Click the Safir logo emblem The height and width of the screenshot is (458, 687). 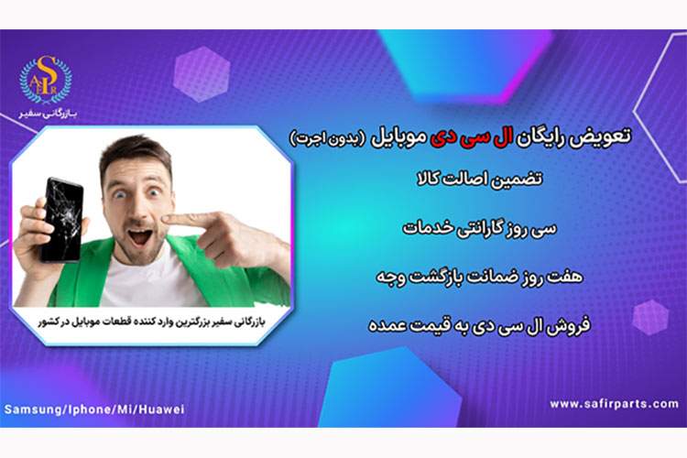pyautogui.click(x=45, y=79)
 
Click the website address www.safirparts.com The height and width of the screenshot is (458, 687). pyautogui.click(x=615, y=404)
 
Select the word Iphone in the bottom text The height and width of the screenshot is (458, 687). pyautogui.click(x=88, y=409)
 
